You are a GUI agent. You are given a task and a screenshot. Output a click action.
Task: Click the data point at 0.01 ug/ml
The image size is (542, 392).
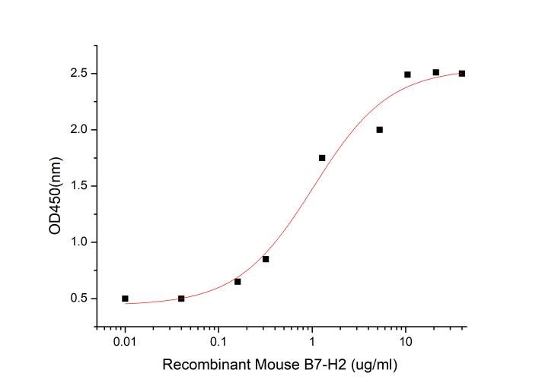(x=125, y=299)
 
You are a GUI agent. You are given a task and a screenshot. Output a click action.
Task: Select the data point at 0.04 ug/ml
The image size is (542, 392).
(x=181, y=299)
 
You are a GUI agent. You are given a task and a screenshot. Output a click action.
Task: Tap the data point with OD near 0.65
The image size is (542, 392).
(x=238, y=281)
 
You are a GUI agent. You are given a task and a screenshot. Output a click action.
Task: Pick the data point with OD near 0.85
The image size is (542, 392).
(x=266, y=259)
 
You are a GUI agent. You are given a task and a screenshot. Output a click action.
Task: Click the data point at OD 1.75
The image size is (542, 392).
(x=322, y=158)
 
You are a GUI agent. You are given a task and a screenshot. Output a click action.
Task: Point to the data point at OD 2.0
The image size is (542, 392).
(x=379, y=130)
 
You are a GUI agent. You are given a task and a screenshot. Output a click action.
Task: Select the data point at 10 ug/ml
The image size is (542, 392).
(x=407, y=74)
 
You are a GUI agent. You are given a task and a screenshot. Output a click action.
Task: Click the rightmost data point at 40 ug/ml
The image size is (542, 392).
(x=462, y=74)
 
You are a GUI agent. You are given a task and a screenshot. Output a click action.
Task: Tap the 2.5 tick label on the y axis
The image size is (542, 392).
(x=78, y=74)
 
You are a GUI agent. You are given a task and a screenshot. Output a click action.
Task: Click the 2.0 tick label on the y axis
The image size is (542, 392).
(x=78, y=130)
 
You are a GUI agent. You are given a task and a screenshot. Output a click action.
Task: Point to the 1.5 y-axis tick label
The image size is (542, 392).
(x=78, y=186)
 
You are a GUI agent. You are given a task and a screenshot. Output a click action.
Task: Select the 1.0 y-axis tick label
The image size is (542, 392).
(x=78, y=242)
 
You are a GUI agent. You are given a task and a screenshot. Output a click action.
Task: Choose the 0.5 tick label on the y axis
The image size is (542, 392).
(x=78, y=299)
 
